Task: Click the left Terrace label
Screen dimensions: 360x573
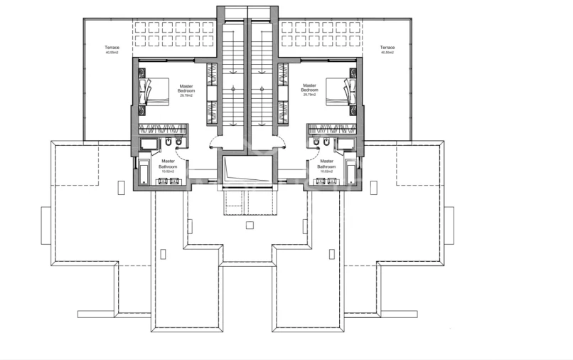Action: (x=112, y=50)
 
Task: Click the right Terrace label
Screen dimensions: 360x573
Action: (x=387, y=50)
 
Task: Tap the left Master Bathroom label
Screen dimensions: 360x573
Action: (x=168, y=166)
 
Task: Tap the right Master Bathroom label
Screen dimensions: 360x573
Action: (x=327, y=166)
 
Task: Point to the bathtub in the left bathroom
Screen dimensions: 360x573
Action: (x=144, y=171)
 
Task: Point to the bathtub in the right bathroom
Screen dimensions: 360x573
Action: (x=350, y=171)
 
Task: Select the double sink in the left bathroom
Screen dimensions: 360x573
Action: (x=168, y=181)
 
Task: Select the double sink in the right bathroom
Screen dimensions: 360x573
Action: (x=326, y=181)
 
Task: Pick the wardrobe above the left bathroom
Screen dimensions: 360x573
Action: (x=163, y=129)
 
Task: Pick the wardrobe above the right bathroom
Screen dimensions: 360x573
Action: (x=332, y=129)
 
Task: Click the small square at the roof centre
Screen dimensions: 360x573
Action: (x=249, y=226)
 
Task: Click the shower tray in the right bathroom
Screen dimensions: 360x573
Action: (x=346, y=145)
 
